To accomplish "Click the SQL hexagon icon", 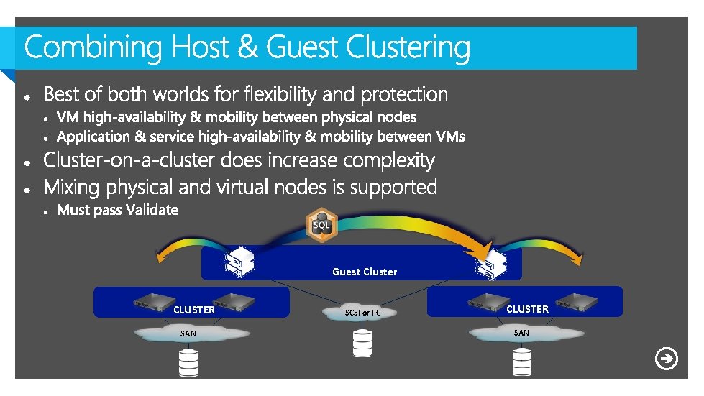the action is point(321,225).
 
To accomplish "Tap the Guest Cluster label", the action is point(365,272).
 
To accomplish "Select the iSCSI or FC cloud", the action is point(360,313).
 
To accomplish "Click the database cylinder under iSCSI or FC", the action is point(362,344).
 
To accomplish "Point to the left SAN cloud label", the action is point(188,333).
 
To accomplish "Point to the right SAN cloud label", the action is point(521,333).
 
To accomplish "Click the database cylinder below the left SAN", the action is point(188,363).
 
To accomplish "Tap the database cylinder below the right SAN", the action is point(522,362).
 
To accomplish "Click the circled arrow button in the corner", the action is point(667,359).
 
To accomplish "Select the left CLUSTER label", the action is point(194,310).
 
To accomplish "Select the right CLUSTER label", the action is point(528,309).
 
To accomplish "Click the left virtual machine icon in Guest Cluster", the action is point(239,262).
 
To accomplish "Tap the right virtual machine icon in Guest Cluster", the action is point(491,264).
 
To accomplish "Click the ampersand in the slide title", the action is point(247,47).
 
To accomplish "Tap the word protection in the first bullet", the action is point(404,95).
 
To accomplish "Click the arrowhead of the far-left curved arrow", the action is point(160,257).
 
